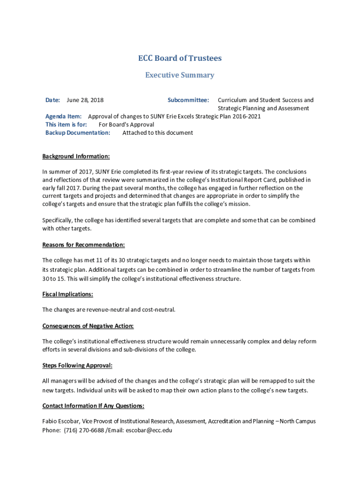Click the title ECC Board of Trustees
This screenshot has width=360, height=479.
tap(180, 58)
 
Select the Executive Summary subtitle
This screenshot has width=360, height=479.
tap(180, 75)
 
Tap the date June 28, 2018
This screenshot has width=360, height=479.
tap(85, 100)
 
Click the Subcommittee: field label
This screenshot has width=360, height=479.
tap(188, 100)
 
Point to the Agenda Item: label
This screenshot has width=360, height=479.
tap(64, 116)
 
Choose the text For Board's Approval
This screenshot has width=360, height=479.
tap(126, 124)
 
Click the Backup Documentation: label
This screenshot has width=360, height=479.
tap(78, 133)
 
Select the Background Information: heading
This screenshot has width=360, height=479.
tap(76, 156)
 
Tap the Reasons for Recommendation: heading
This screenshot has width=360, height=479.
tap(84, 245)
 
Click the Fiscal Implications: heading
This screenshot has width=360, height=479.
tap(68, 294)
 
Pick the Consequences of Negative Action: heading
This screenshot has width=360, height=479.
tap(88, 326)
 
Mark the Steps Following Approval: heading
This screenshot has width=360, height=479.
tap(78, 365)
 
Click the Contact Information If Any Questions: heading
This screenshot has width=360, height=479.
tap(94, 406)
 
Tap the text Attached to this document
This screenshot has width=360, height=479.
tap(158, 133)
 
